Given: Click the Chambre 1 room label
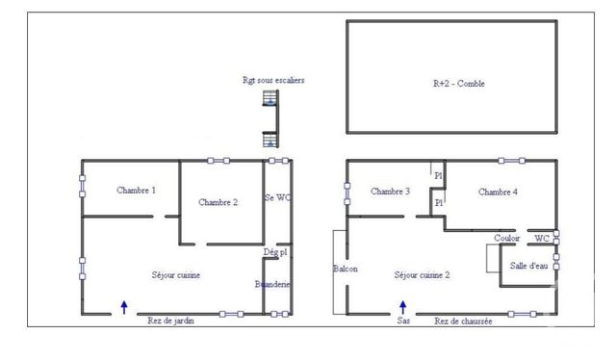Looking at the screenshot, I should pos(137,191).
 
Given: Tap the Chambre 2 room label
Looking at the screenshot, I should pos(218,202).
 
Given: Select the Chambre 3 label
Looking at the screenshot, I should pos(391,192).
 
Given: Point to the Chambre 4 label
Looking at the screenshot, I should pos(499,193).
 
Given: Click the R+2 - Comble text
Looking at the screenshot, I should pos(459,84).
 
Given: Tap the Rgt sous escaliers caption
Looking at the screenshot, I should pos(273,80).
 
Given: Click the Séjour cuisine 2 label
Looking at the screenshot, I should pos(423,275).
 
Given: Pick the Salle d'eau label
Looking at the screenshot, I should pos(528,267).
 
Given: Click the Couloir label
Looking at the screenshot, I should pos(507,238).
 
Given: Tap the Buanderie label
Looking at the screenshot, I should pos(273,284).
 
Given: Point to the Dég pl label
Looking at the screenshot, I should pos(275,252).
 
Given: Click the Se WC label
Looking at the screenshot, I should pos(278,197).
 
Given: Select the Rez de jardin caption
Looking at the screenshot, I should pos(170,321).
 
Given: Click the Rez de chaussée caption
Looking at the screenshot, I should pos(464,321).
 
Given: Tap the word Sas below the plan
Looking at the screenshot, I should pos(403,321).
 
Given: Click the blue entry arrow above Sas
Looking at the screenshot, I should pos(403,306).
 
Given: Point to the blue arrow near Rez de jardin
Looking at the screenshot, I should pos(124,307).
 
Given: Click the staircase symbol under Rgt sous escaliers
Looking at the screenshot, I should pos(270,121).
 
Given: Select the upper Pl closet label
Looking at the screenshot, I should pos(438,176).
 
